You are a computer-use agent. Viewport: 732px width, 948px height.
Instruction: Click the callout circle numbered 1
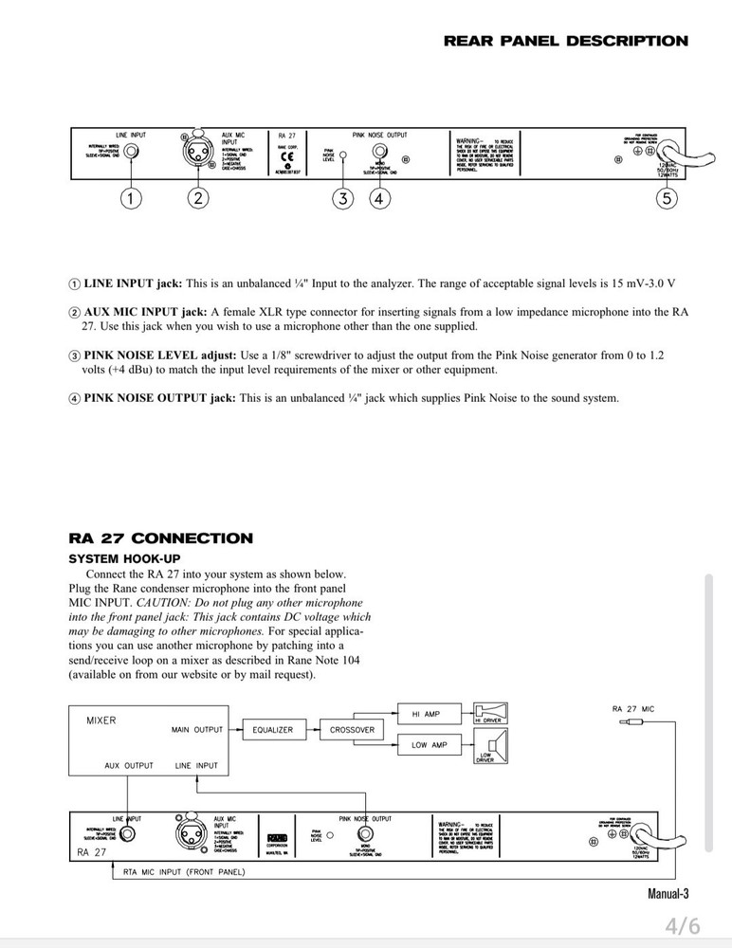[x=132, y=198]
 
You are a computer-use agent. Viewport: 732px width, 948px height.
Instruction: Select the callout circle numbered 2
[x=198, y=198]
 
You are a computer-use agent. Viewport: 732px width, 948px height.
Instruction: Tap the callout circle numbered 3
[x=343, y=198]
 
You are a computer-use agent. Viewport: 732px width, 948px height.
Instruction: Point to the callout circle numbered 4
[x=379, y=198]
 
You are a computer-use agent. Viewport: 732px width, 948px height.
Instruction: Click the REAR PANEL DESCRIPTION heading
[x=566, y=42]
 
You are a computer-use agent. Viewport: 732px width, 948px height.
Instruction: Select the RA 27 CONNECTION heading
[x=160, y=538]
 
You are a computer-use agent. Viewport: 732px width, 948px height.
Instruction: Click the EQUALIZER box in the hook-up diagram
[x=272, y=730]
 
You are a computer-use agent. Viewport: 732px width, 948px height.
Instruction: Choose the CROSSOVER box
[x=352, y=730]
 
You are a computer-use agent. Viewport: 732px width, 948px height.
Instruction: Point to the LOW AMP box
[x=429, y=745]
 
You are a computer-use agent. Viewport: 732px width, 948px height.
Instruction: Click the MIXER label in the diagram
[x=101, y=720]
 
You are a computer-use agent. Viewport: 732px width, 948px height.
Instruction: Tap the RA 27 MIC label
[x=634, y=708]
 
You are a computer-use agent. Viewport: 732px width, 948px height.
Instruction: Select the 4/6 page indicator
[x=681, y=924]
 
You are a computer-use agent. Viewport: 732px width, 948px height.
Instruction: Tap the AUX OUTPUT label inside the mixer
[x=128, y=764]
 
